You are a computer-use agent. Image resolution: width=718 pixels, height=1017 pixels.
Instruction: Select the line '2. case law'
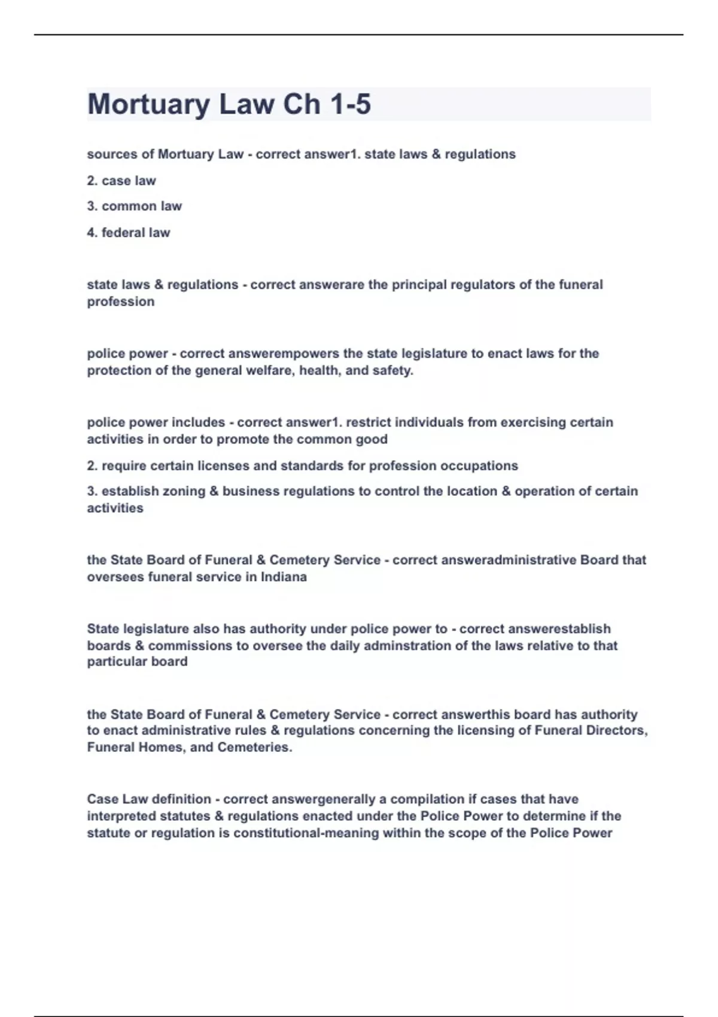click(x=121, y=181)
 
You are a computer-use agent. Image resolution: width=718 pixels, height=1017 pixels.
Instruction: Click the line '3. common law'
click(x=134, y=206)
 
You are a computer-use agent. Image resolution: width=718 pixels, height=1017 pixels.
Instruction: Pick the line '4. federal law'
click(x=129, y=233)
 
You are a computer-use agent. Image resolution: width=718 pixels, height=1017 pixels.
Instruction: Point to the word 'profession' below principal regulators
click(x=121, y=302)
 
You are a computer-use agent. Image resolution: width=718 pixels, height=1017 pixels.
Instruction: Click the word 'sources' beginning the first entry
click(x=112, y=154)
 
